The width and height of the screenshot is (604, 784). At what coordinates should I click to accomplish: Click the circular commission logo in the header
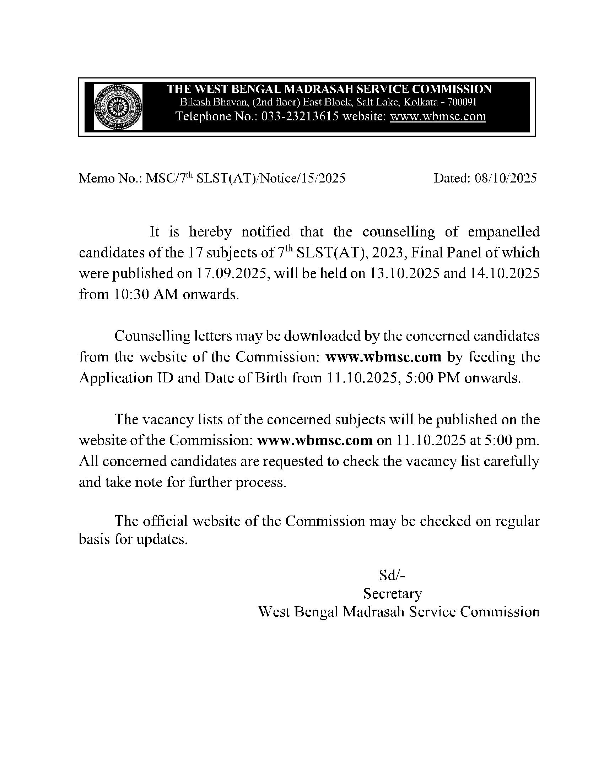point(118,107)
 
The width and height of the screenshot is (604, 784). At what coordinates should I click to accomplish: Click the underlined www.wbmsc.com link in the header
point(438,116)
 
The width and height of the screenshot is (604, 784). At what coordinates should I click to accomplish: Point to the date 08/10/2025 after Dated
point(506,178)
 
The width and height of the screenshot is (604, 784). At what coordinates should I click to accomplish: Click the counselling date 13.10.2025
point(404,273)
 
